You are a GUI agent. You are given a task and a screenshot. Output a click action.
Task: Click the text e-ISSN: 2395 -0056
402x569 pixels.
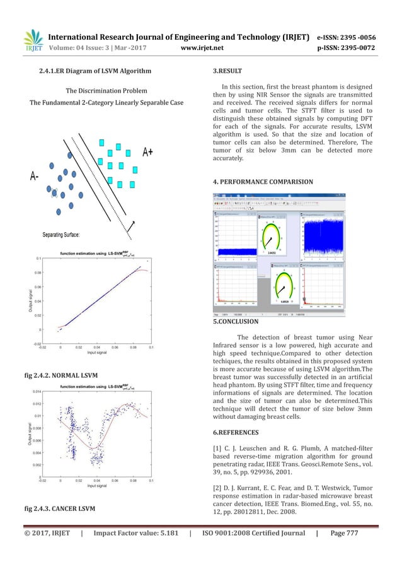(x=355, y=35)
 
